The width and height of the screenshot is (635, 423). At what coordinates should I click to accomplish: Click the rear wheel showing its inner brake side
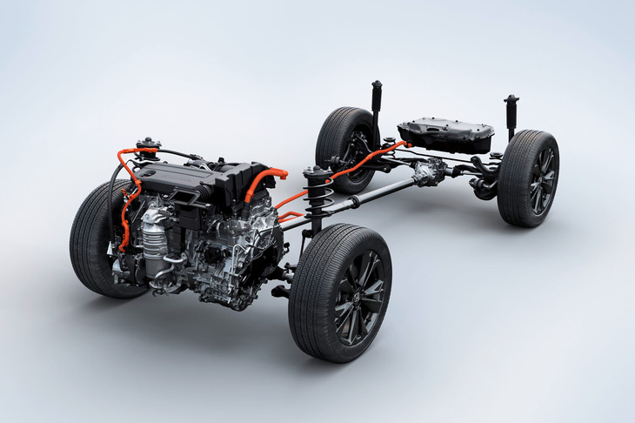(346, 148)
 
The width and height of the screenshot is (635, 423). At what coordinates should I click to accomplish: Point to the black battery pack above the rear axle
(445, 134)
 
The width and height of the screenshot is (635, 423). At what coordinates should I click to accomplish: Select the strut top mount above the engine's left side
(148, 144)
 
